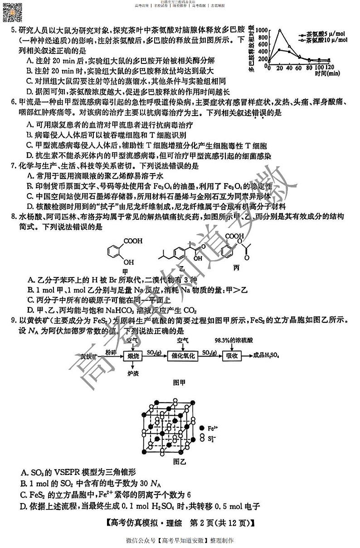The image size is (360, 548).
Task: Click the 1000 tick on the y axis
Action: [x=262, y=30]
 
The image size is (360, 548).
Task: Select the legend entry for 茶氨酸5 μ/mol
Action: [x=320, y=34]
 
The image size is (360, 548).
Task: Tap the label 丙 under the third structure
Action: [x=236, y=268]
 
